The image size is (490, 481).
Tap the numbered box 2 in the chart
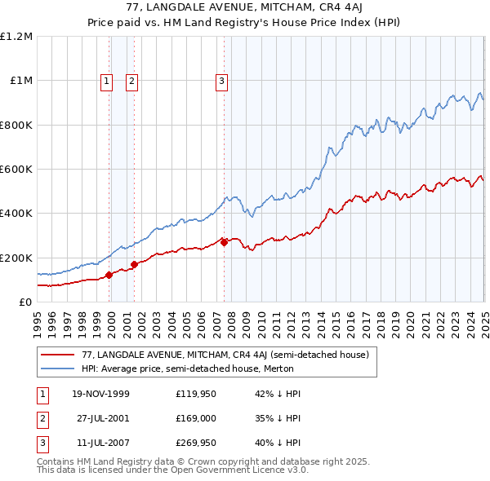coord(131,80)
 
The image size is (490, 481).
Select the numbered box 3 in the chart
coord(221,80)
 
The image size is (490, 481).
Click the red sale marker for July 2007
coord(224,242)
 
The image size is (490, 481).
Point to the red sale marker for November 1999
coord(109,276)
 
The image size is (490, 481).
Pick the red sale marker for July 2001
coord(134,264)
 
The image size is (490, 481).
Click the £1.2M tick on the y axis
coord(16,37)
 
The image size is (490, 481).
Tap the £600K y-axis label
coord(16,170)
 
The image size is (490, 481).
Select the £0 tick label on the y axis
coord(24,302)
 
